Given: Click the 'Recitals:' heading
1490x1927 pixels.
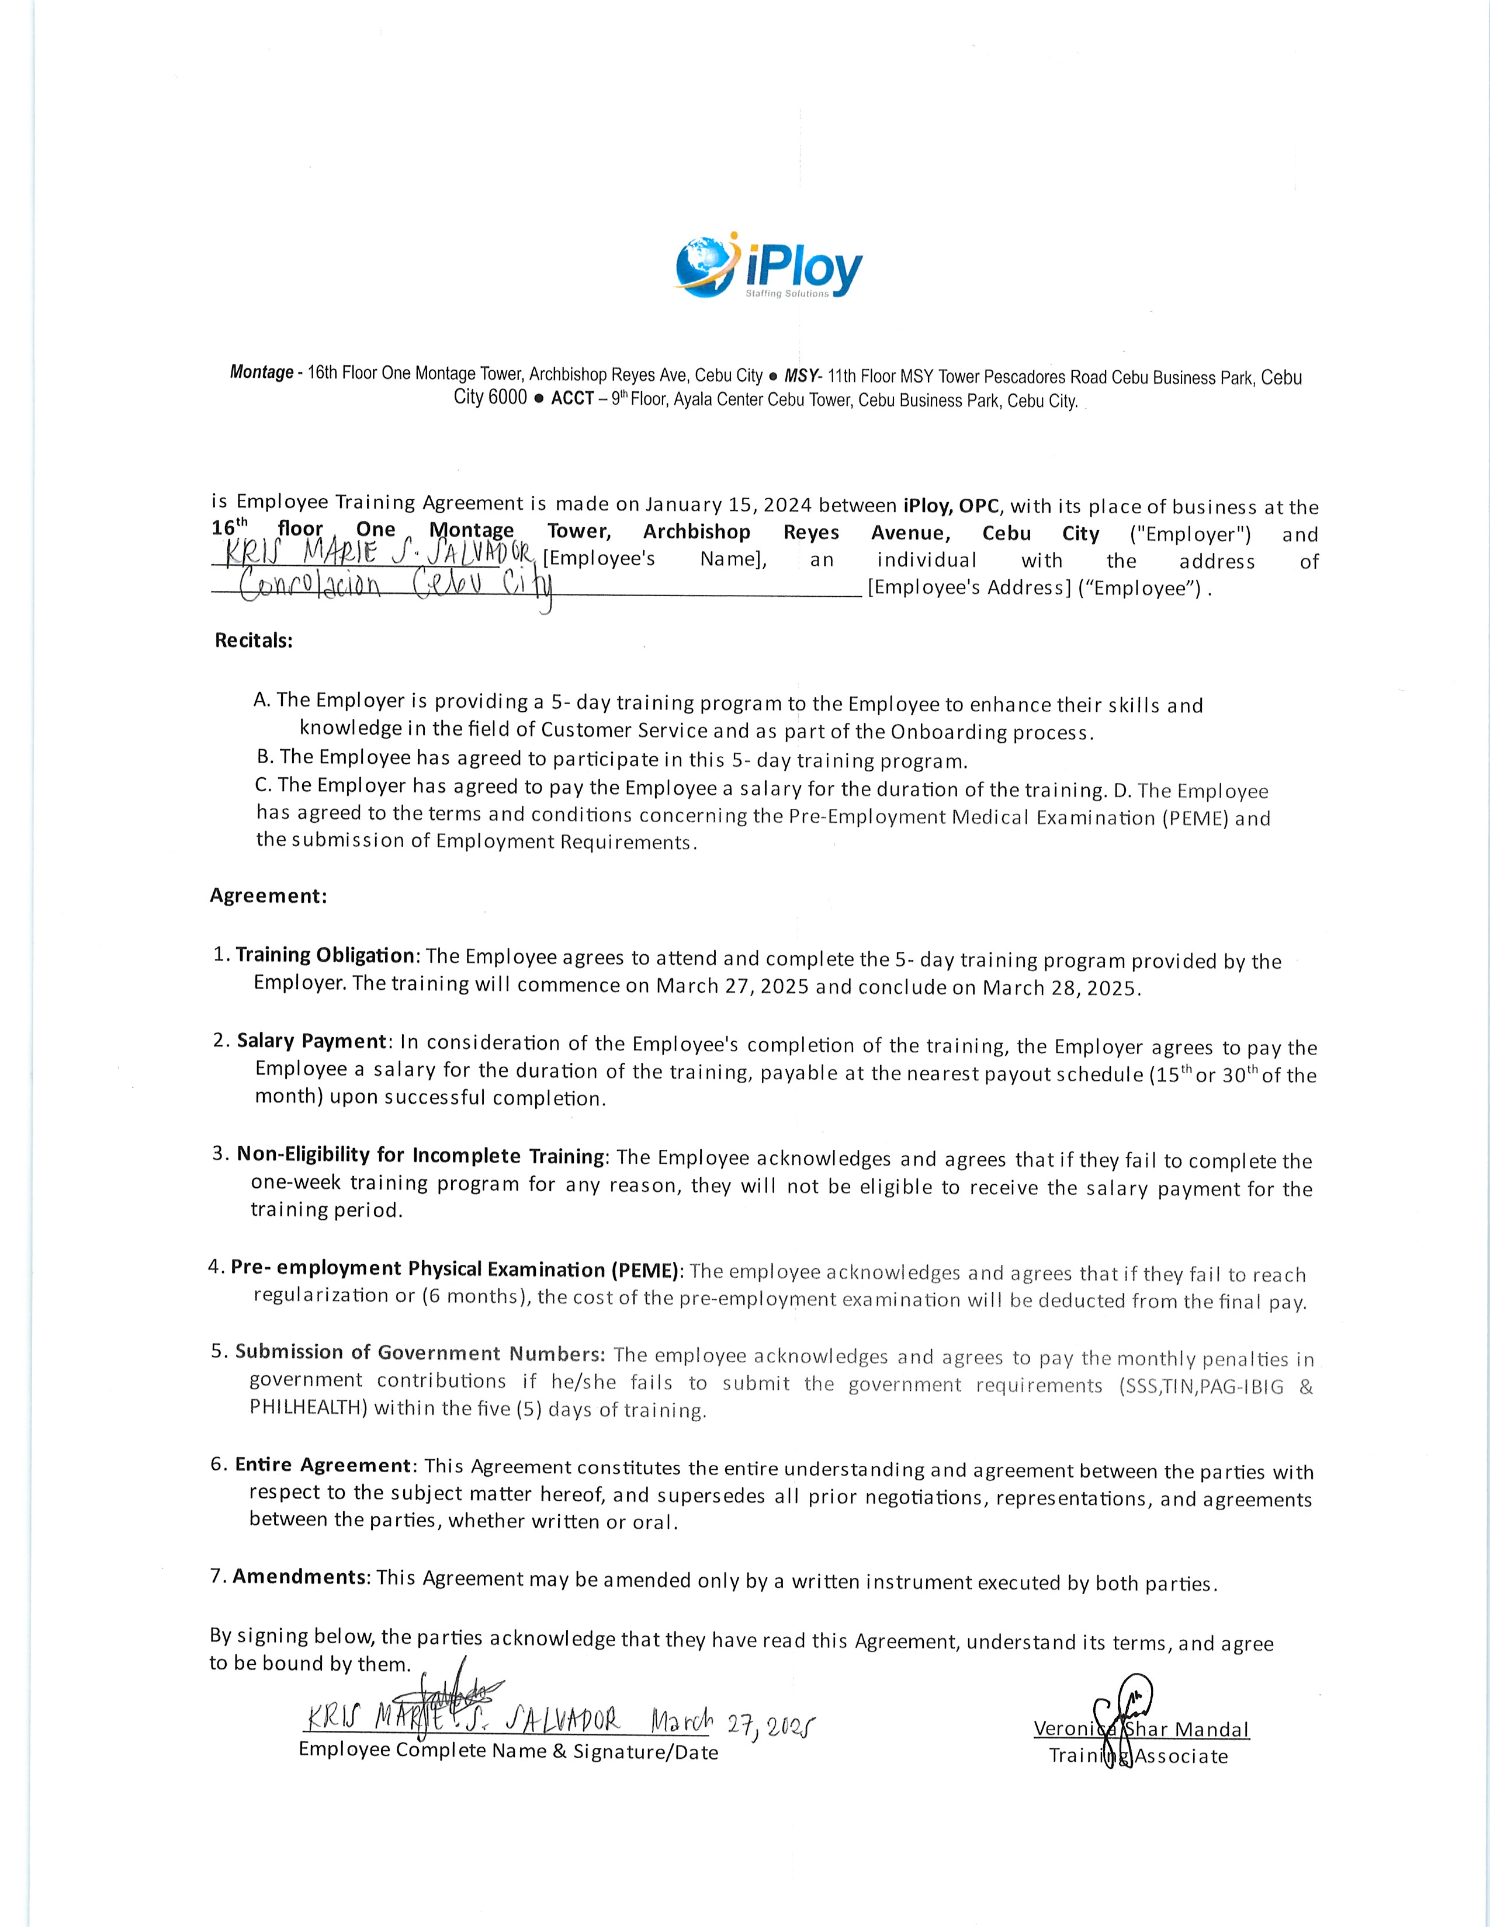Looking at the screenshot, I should (x=254, y=641).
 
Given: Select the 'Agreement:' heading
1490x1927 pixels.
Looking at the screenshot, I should (x=268, y=896).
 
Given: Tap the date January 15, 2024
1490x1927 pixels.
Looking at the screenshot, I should (x=728, y=505).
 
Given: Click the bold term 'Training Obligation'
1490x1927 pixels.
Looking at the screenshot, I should (x=325, y=955).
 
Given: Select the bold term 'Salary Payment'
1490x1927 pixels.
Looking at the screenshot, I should (x=311, y=1041).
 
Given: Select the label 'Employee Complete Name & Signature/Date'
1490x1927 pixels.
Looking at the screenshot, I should (x=508, y=1751).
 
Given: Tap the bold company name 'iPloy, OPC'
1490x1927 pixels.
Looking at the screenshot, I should (x=951, y=506).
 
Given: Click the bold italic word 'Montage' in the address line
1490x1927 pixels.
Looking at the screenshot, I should (x=261, y=373).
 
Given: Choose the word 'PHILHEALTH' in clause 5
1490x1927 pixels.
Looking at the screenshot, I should (x=308, y=1407).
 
